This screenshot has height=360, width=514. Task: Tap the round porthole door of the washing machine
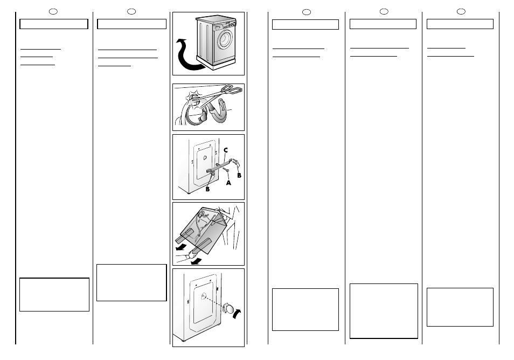click(x=226, y=38)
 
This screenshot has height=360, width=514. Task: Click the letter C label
click(x=226, y=150)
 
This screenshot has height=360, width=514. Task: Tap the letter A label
click(x=228, y=183)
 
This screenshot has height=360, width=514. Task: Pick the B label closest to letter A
click(x=239, y=175)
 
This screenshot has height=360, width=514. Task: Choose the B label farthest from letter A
click(x=207, y=189)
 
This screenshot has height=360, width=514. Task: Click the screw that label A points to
click(x=226, y=170)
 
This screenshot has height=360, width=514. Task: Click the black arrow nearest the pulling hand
click(x=196, y=261)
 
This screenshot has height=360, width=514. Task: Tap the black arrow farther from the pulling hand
click(x=181, y=247)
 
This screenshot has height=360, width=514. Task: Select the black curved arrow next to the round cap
click(x=237, y=314)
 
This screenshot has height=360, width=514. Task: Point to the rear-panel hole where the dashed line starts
click(x=203, y=296)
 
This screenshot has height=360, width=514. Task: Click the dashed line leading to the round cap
click(x=213, y=302)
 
